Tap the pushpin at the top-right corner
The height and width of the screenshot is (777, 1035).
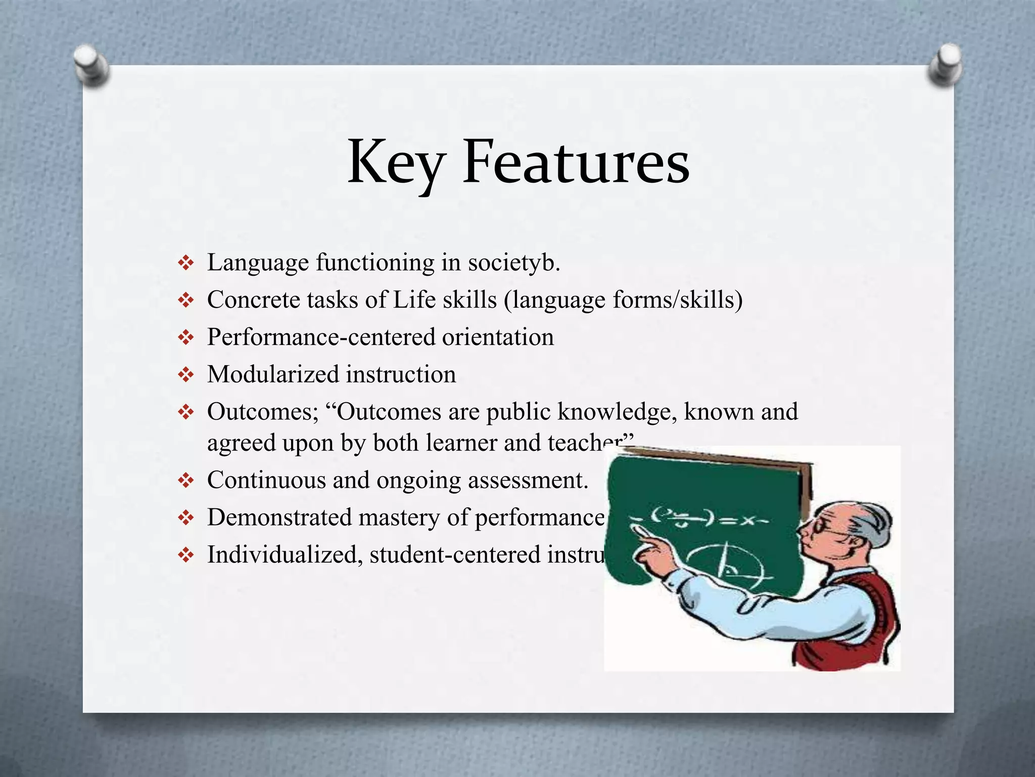[x=945, y=64]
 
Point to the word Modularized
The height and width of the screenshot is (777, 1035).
[x=273, y=375]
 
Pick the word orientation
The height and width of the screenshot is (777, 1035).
[x=498, y=337]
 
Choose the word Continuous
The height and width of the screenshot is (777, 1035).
[x=266, y=480]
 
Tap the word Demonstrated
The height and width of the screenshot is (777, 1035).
[x=279, y=517]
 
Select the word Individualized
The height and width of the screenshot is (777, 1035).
[x=284, y=555]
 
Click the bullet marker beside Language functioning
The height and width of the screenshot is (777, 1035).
[x=186, y=263]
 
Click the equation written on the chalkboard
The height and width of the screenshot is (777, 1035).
[x=708, y=519]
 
